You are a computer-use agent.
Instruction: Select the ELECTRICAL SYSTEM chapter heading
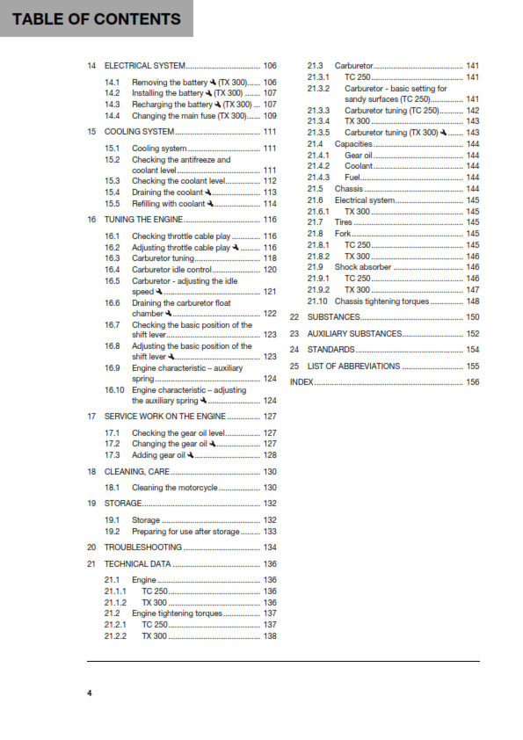tap(144, 66)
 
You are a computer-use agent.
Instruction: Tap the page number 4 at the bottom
tap(89, 693)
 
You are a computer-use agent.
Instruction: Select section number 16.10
tap(114, 389)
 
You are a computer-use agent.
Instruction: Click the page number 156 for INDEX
tap(472, 382)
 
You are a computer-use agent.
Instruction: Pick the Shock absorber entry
tap(362, 266)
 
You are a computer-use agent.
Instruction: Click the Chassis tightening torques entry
tap(381, 301)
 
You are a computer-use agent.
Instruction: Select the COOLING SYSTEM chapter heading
tap(139, 131)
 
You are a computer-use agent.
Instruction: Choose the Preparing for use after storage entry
tap(185, 532)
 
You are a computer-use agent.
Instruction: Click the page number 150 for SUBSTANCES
tap(472, 317)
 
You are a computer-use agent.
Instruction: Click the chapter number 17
tap(91, 416)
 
